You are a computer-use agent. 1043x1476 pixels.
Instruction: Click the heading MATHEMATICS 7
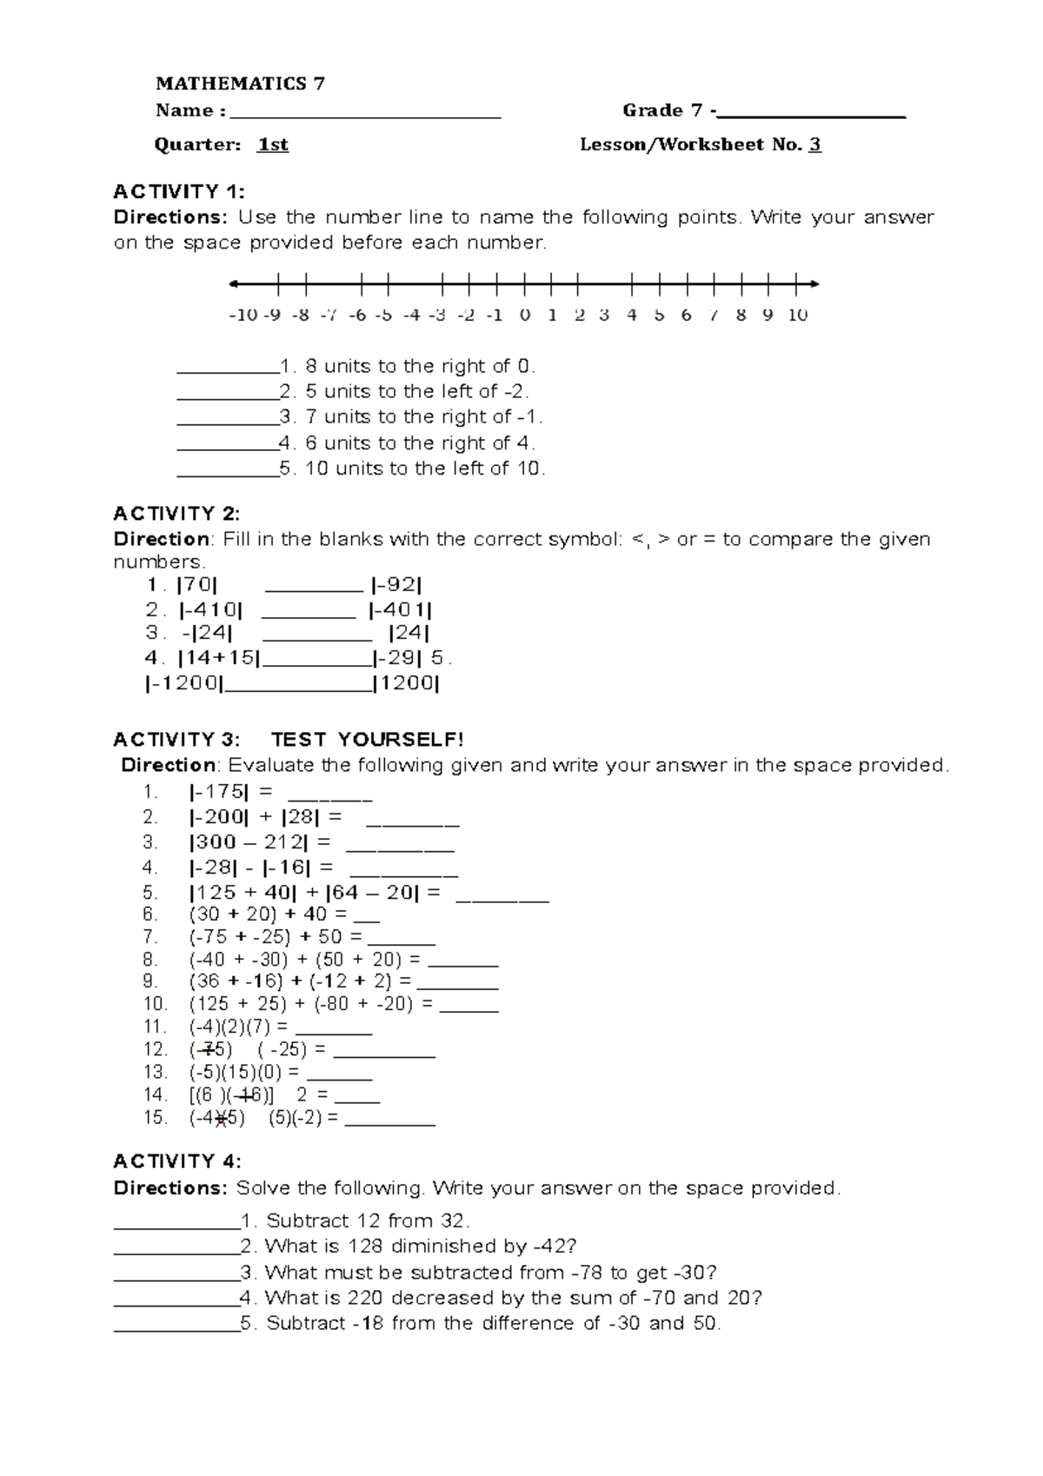(240, 83)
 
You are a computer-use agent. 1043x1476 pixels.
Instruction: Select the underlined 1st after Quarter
(273, 145)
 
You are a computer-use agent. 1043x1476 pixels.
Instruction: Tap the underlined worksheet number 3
(814, 145)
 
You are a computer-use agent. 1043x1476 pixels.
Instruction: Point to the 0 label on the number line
(525, 316)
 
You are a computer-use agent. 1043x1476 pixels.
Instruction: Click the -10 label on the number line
(242, 316)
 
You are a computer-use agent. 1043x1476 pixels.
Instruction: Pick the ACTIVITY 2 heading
(176, 513)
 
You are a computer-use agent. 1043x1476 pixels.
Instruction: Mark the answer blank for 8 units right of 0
(226, 369)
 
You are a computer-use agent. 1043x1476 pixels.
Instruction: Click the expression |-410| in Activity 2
(211, 610)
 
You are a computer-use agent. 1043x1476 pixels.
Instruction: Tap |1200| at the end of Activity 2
(407, 684)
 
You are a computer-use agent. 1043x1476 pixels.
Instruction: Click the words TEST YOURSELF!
(368, 740)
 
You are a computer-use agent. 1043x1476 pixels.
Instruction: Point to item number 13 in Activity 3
(155, 1072)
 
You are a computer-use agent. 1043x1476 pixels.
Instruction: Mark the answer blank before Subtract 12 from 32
(176, 1224)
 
